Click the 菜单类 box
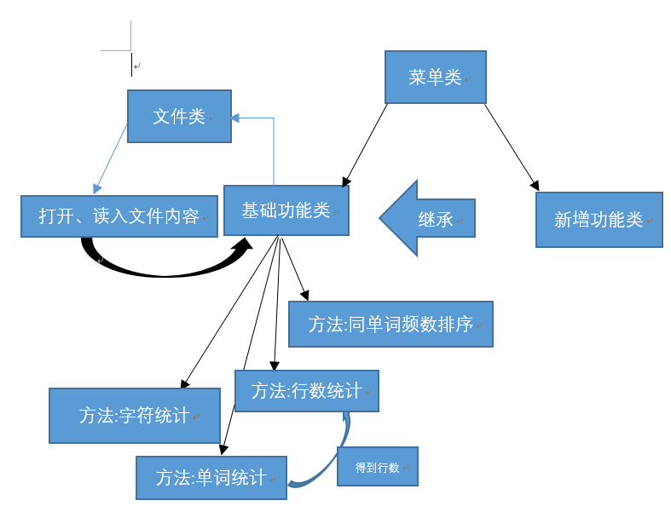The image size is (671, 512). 435,78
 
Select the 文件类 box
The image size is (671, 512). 179,117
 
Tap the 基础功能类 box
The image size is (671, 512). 286,210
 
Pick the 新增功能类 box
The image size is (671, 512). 599,220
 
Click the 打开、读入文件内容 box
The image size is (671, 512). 119,216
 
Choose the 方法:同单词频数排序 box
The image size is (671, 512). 390,325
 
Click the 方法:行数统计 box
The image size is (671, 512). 306,391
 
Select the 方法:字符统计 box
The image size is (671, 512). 134,416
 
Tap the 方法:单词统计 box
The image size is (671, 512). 211,478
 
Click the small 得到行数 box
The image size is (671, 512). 377,467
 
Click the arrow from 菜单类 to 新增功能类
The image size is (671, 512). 512,147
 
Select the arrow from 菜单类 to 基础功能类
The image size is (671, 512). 365,145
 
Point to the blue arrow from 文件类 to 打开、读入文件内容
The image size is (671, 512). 111,158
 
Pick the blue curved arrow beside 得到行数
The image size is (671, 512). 328,460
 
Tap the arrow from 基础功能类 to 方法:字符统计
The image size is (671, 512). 230,313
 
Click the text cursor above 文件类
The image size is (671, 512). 132,64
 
